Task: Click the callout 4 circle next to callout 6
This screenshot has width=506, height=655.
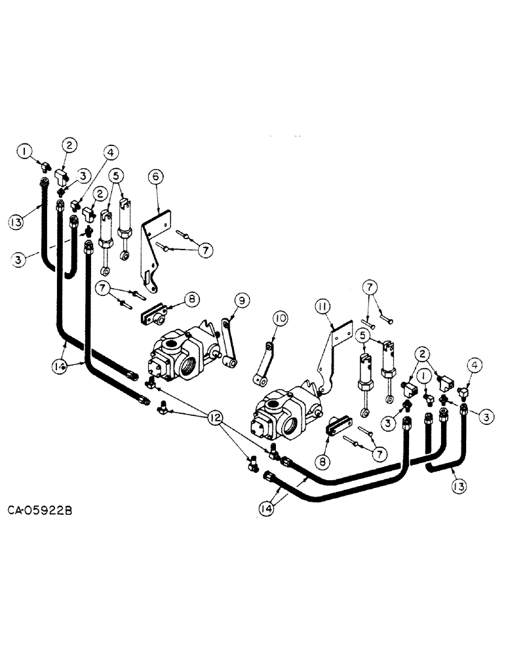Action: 111,152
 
